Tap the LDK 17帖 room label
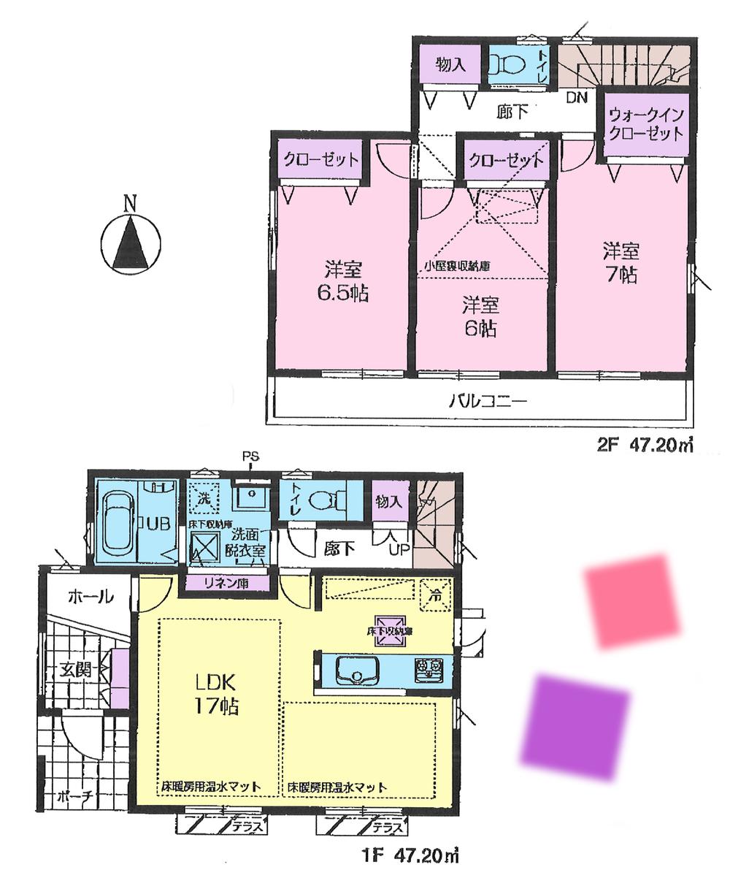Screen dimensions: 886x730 coord(213,694)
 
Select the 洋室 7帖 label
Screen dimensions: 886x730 coord(620,263)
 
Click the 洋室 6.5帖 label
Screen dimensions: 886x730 coord(341,282)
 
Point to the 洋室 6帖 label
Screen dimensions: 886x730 coord(480,316)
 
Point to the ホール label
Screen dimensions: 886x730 coord(90,597)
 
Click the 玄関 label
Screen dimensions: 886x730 coord(75,668)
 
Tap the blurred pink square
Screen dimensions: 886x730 coord(632,601)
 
